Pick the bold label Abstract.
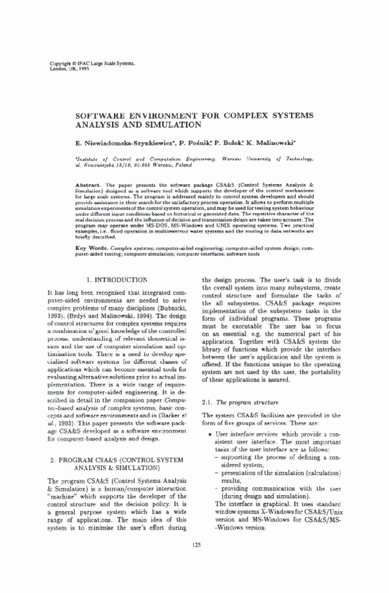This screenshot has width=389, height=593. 88,176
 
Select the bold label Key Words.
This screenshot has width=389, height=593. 91,230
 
